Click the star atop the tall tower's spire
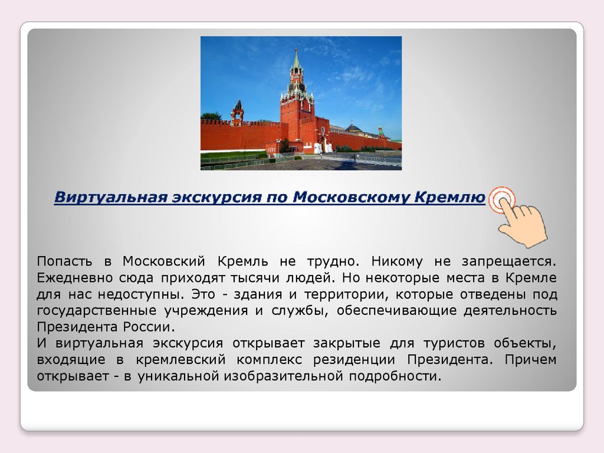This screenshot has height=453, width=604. click(x=296, y=50)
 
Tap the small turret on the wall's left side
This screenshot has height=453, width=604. click(x=237, y=112)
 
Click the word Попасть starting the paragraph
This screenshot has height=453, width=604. click(x=64, y=261)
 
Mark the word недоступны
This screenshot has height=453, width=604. click(x=142, y=294)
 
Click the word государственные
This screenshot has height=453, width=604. click(x=97, y=310)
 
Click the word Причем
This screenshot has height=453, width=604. click(x=530, y=359)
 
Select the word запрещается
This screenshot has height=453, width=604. click(x=509, y=261)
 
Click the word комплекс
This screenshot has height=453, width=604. click(x=269, y=360)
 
